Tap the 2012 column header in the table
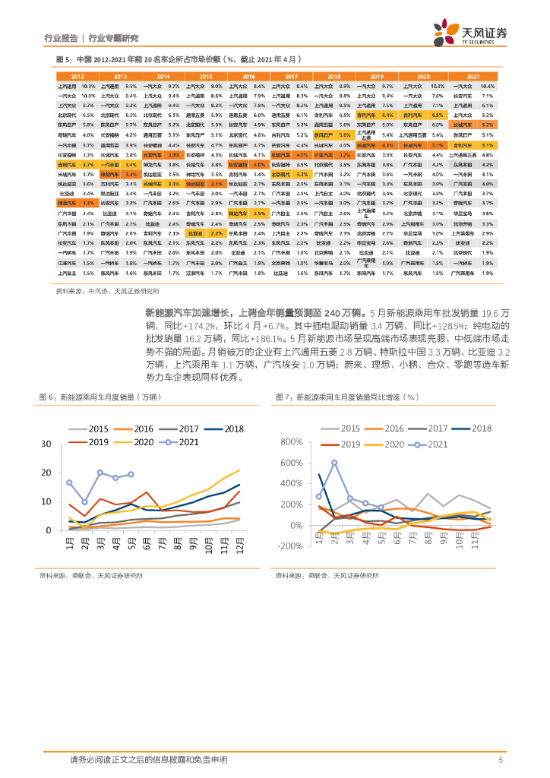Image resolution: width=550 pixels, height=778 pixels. pyautogui.click(x=77, y=77)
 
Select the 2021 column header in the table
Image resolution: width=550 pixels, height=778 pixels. pyautogui.click(x=473, y=77)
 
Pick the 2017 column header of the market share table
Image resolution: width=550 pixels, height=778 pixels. pyautogui.click(x=292, y=77)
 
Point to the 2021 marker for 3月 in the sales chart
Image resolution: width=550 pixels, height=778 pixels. pyautogui.click(x=100, y=473)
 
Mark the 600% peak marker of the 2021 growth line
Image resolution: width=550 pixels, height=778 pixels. pyautogui.click(x=334, y=462)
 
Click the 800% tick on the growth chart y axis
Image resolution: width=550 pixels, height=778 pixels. pyautogui.click(x=291, y=441)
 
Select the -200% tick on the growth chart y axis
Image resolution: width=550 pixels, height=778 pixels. pyautogui.click(x=290, y=546)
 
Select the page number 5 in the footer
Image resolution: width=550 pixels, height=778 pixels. pyautogui.click(x=500, y=760)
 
